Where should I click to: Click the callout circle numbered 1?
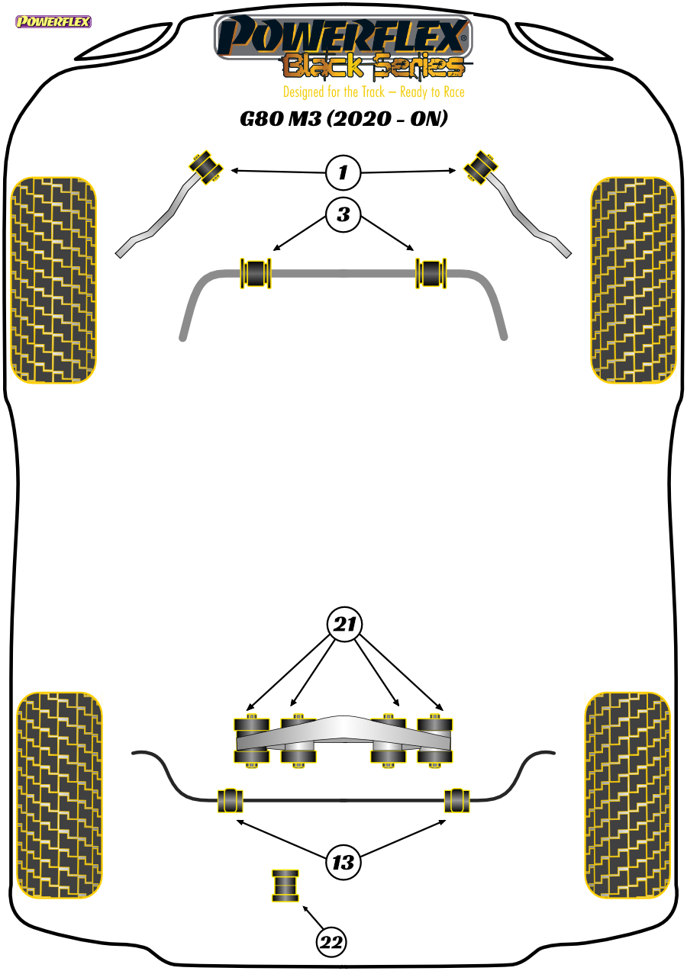(x=343, y=172)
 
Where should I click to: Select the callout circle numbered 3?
(x=343, y=214)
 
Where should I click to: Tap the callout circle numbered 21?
(x=344, y=624)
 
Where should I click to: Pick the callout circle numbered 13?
(x=343, y=862)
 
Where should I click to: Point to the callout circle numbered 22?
(x=331, y=942)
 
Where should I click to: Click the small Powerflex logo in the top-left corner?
(x=53, y=21)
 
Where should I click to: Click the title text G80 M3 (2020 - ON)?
(x=344, y=119)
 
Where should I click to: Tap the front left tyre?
(x=53, y=280)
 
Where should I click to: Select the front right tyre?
(x=634, y=280)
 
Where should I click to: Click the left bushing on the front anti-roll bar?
(x=256, y=273)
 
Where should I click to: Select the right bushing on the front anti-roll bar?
(x=431, y=273)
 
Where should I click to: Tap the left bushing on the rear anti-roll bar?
(x=231, y=801)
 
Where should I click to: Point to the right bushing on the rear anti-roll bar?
(x=457, y=801)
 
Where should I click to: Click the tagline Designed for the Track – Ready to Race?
(x=374, y=92)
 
